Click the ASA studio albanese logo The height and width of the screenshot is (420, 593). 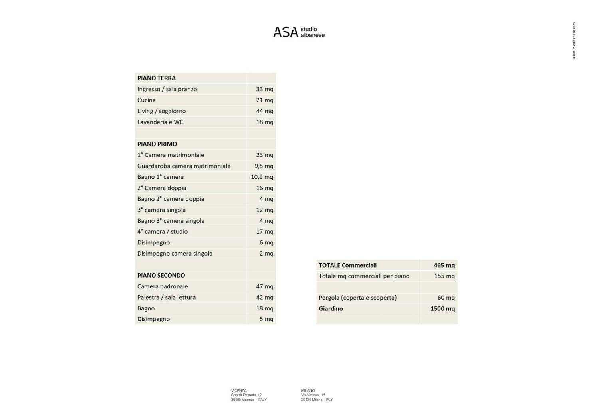tap(299, 32)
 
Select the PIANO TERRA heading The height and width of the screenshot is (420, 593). tap(157, 78)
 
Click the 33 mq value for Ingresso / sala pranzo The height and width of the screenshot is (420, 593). tap(264, 89)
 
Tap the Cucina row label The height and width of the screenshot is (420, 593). tap(147, 100)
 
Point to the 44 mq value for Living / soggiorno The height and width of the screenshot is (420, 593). tap(264, 111)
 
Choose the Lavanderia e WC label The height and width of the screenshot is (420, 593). tap(160, 122)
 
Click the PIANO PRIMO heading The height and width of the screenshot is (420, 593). tap(157, 144)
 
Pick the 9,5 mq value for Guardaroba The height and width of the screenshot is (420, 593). tap(264, 166)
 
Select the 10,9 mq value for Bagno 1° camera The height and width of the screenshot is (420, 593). tap(262, 177)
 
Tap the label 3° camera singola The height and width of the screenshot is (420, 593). tap(161, 210)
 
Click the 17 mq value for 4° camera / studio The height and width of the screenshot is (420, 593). tap(264, 232)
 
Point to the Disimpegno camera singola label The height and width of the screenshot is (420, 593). tap(175, 254)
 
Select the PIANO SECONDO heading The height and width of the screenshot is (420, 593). tap(161, 276)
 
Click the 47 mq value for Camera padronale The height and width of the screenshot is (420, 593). tap(264, 286)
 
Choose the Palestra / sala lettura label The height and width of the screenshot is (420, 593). tap(167, 297)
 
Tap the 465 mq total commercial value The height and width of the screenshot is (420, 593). tap(444, 265)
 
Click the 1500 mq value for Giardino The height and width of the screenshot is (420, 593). tap(442, 308)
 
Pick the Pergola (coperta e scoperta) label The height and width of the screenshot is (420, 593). tap(357, 298)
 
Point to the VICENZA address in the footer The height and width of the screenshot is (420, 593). tap(248, 395)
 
